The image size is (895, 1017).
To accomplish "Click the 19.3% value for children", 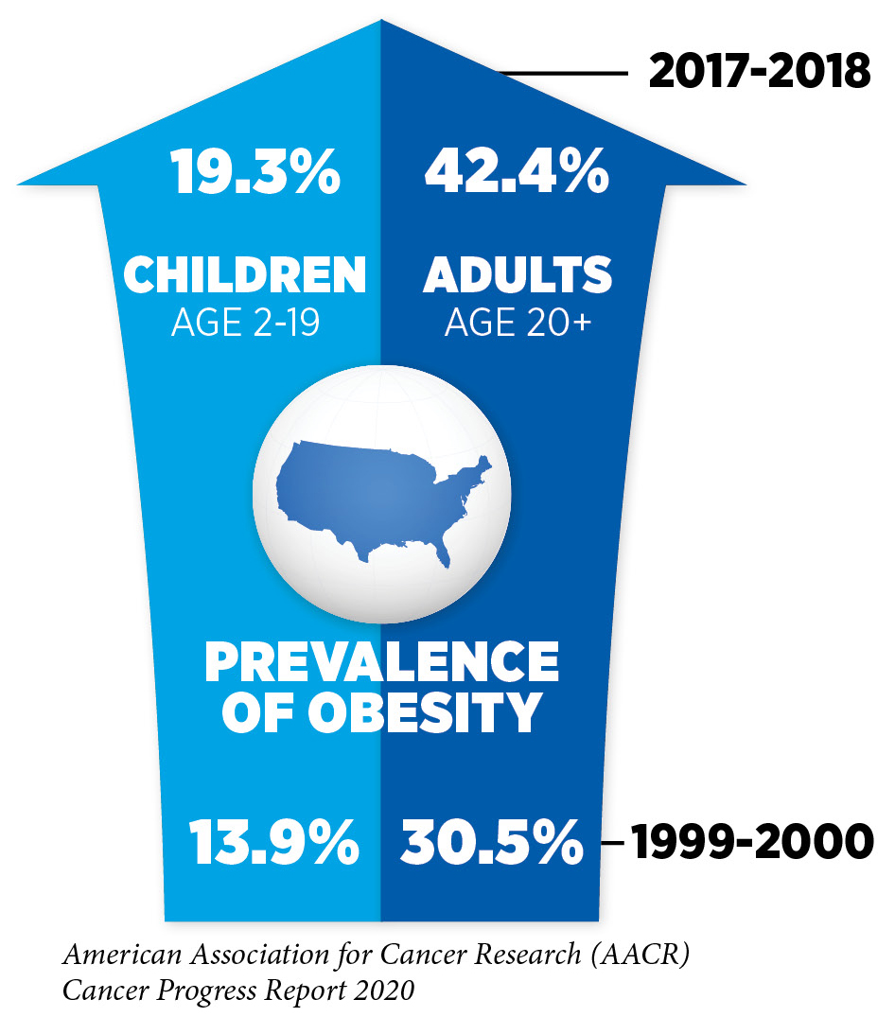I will pos(255,173).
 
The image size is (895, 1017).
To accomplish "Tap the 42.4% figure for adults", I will pos(516,173).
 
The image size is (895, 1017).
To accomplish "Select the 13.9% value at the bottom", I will pos(275,841).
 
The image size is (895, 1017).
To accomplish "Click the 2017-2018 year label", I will pos(759,72).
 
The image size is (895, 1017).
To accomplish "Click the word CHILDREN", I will pos(245,275).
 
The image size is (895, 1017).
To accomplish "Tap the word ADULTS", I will pos(518,275).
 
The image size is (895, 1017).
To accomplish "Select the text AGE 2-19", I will pos(245,324).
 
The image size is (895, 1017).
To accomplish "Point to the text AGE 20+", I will pos(518,324).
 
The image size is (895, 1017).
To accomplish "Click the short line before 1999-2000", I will pos(612,842).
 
